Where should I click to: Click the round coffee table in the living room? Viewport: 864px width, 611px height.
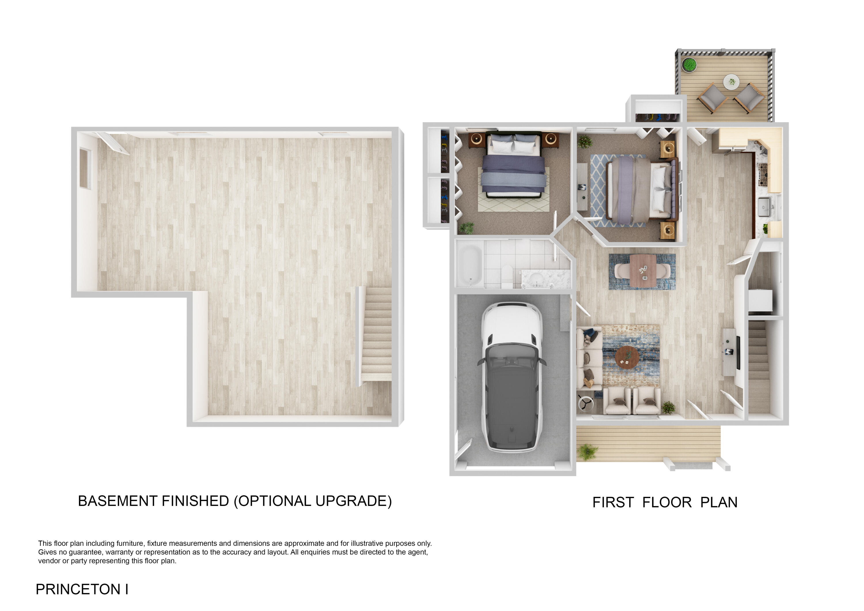coord(627,357)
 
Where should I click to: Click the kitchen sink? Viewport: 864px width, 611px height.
coord(764,207)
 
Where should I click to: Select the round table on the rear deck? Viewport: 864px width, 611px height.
coord(731,82)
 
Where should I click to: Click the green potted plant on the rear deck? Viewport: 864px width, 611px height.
coord(689,64)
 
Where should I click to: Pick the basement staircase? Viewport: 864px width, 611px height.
coord(376,333)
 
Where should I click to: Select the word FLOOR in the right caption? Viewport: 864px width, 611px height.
coord(667,503)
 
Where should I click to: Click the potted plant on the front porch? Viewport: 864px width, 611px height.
coord(587,451)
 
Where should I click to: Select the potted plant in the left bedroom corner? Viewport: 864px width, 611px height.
coord(467,227)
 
